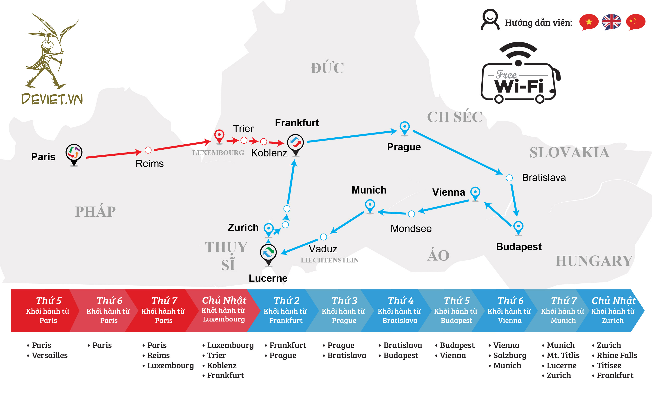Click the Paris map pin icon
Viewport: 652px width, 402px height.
coord(74,154)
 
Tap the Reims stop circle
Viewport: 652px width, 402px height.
coord(148,150)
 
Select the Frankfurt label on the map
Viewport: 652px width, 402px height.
coord(297,123)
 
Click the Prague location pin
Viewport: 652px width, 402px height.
coord(404,128)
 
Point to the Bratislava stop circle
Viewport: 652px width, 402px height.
coord(509,178)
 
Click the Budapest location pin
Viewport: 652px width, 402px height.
coord(518,227)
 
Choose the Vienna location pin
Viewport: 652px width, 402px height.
coord(475,193)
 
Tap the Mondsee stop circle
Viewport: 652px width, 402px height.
coord(411,214)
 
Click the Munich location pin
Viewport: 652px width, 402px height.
coord(370,206)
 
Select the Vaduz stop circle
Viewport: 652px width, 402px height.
coord(323,237)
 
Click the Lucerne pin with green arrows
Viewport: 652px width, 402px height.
coord(268,253)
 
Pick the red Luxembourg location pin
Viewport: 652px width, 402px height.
coord(219,136)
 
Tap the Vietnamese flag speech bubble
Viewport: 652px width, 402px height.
coord(588,22)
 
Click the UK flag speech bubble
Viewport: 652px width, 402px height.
coord(611,22)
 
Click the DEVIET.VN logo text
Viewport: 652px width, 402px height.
coord(52,99)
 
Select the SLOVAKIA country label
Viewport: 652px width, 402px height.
coord(569,153)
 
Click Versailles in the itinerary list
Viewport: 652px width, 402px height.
coord(50,355)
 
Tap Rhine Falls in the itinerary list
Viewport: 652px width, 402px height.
coord(617,355)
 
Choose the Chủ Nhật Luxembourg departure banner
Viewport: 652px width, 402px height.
coord(224,310)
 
